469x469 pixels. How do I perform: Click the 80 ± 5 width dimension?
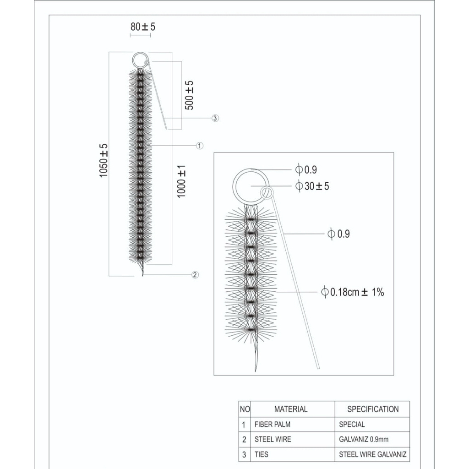143,27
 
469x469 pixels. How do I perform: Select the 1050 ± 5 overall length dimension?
104,161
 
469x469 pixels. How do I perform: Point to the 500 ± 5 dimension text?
189,95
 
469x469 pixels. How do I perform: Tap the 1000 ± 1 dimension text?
181,181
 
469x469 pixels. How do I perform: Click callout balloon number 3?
215,118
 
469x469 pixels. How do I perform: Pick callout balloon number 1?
200,146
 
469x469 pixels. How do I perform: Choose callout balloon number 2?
195,275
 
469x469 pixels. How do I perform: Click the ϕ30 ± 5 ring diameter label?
312,186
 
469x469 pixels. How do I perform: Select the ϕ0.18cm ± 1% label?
352,292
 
